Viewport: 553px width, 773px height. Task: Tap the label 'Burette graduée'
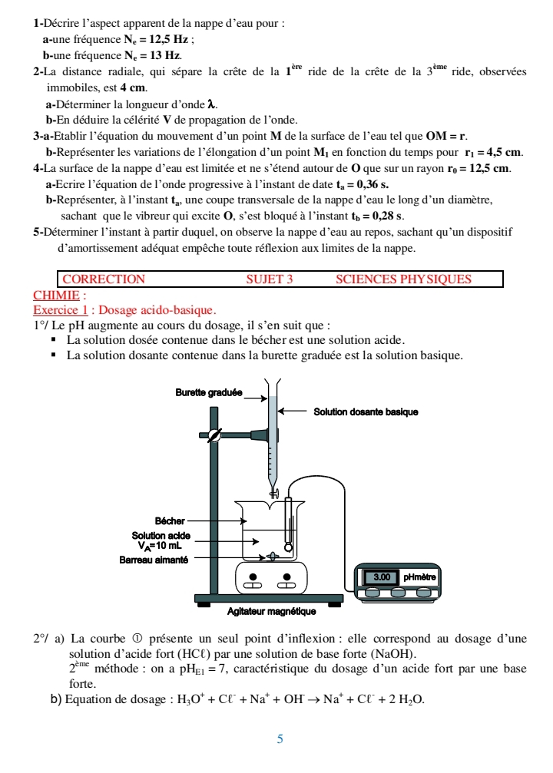[209, 393]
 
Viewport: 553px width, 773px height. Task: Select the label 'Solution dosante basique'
[366, 412]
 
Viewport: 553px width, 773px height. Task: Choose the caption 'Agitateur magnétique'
[272, 612]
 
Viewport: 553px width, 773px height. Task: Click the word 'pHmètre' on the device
[419, 576]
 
